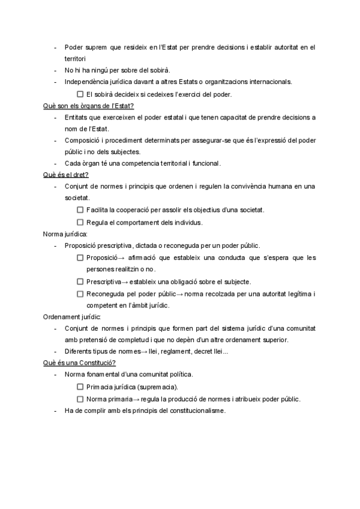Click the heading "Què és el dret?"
[66, 175]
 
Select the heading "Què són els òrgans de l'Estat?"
[88, 106]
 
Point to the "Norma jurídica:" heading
[65, 234]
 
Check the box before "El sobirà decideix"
[80, 94]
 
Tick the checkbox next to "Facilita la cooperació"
[80, 210]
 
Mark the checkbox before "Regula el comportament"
[80, 222]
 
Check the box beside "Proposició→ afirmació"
[80, 258]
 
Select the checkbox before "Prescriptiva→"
[80, 282]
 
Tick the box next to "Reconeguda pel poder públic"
[80, 294]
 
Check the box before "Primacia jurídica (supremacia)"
[80, 387]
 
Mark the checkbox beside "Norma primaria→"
[80, 399]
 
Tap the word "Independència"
[85, 82]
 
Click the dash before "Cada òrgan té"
[55, 163]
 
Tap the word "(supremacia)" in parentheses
[158, 387]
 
